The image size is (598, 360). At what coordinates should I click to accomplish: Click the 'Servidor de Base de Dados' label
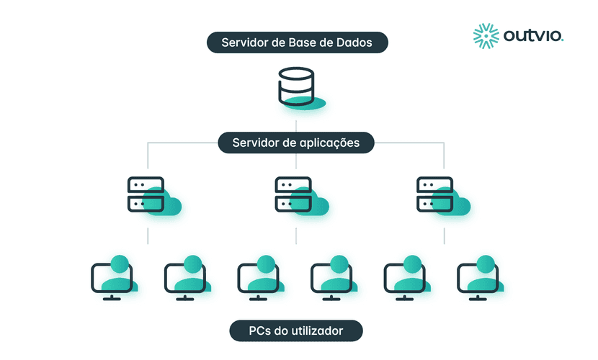tap(297, 42)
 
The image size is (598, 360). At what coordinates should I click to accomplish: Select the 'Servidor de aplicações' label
tap(296, 143)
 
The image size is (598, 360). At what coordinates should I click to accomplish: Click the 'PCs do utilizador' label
tap(295, 331)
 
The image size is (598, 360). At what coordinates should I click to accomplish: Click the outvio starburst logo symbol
tap(486, 37)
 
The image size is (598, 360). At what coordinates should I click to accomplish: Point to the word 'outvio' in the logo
tap(534, 37)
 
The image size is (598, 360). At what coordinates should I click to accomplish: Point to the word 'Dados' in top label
tap(354, 42)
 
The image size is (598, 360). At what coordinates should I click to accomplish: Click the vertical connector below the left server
tap(148, 236)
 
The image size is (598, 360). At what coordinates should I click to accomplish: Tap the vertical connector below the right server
tap(444, 236)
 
